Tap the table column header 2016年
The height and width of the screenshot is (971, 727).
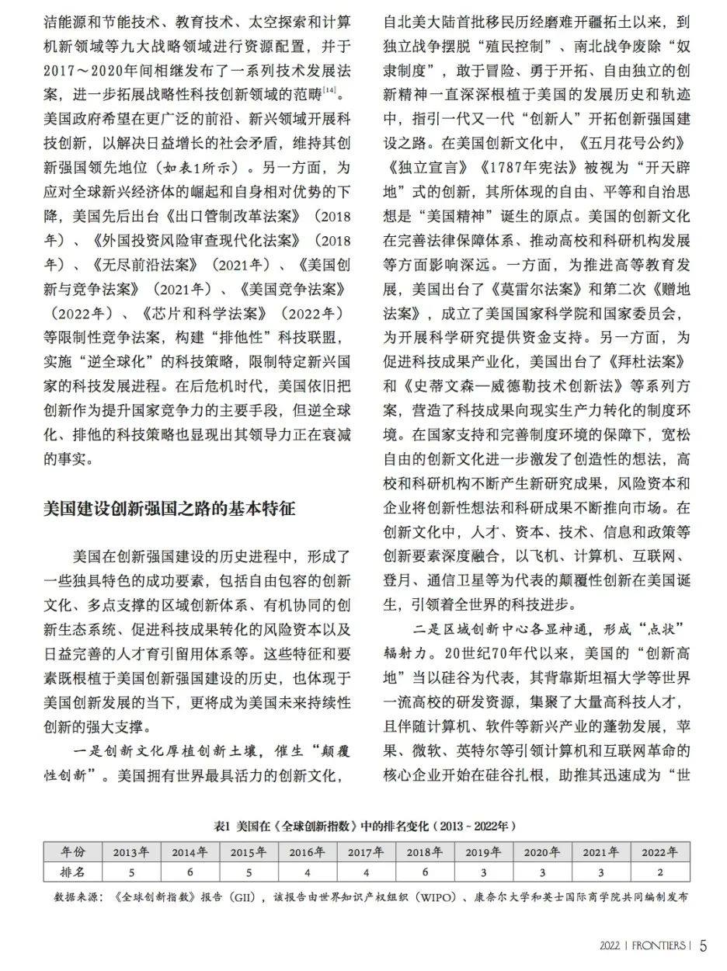[307, 851]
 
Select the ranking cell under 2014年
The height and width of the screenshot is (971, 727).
[190, 871]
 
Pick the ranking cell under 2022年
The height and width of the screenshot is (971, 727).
[659, 871]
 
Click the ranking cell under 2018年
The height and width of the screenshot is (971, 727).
[424, 871]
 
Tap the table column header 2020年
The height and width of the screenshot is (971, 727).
[541, 851]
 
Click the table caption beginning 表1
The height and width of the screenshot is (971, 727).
[364, 825]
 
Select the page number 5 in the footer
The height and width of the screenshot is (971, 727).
[703, 945]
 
